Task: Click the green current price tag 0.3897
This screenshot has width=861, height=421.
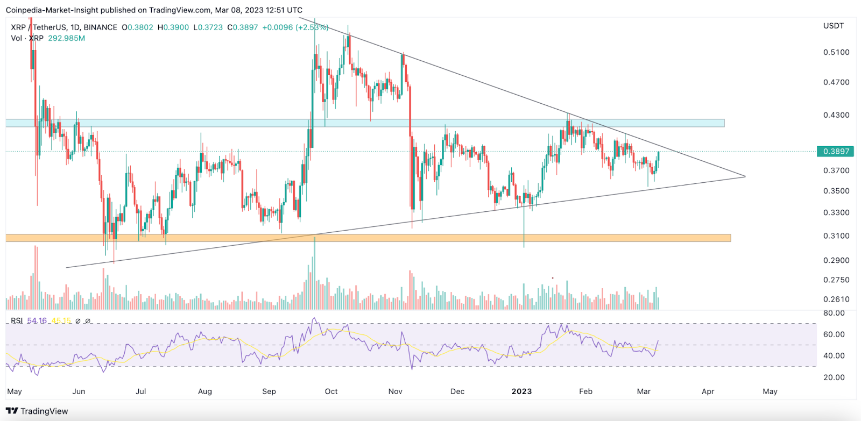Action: [836, 152]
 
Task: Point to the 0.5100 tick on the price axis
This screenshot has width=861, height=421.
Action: [836, 52]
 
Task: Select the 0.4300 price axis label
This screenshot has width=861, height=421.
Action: [836, 115]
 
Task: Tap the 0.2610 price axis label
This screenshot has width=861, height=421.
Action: [836, 299]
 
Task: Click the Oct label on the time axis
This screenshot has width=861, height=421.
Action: [331, 391]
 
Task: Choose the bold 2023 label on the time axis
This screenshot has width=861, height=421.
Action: [521, 391]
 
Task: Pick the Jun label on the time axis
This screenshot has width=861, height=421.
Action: [79, 391]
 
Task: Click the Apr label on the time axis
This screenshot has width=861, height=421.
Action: [708, 391]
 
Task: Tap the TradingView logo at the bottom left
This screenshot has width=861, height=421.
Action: [37, 411]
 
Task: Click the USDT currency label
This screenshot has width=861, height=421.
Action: [834, 26]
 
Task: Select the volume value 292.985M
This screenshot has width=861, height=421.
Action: [67, 38]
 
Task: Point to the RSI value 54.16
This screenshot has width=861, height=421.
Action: [37, 321]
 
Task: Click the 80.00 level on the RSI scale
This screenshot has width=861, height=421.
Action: [834, 313]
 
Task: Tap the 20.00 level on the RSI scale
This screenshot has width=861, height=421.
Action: [834, 377]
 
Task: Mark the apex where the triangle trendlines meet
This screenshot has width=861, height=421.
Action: [745, 176]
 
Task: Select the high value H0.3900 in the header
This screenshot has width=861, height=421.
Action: [173, 27]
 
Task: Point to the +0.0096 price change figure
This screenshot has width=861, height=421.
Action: [277, 27]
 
